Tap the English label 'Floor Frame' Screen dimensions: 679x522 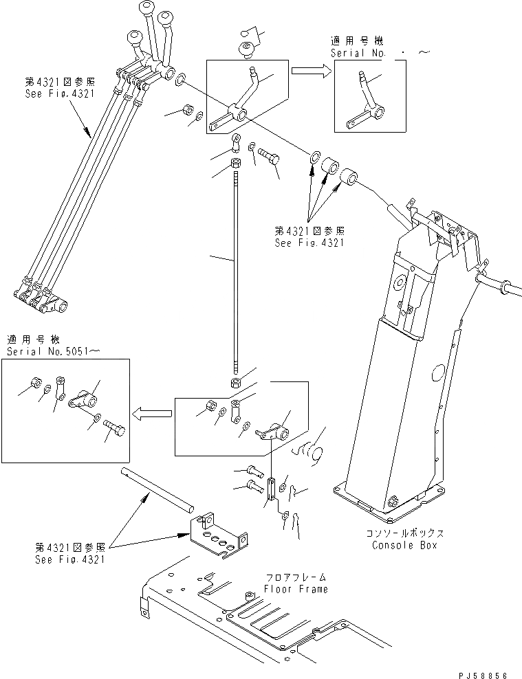point(296,589)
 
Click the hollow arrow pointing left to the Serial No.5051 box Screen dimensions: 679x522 point(153,413)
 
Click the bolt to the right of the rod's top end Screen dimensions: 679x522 point(268,159)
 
